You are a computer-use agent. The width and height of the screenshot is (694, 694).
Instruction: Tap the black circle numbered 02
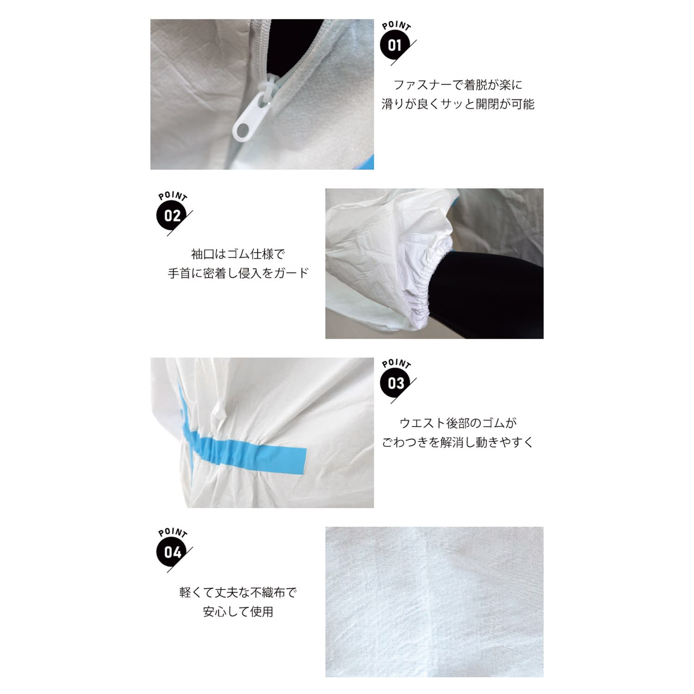172,216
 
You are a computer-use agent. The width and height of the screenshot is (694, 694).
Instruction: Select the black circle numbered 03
396,383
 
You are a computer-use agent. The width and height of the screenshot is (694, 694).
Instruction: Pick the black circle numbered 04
172,552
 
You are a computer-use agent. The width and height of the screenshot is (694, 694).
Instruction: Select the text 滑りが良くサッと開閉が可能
458,104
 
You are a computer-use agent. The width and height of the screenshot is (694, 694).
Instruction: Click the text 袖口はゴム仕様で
238,254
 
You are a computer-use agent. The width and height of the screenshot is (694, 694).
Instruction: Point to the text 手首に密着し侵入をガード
238,273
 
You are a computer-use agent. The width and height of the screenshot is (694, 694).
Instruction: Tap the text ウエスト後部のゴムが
458,423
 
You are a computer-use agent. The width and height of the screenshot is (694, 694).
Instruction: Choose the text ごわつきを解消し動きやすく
458,442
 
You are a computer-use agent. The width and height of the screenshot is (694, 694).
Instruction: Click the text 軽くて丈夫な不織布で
238,592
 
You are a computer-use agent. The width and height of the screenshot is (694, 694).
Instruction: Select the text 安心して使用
238,612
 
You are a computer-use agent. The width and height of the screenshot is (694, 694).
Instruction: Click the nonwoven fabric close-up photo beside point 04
434,601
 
